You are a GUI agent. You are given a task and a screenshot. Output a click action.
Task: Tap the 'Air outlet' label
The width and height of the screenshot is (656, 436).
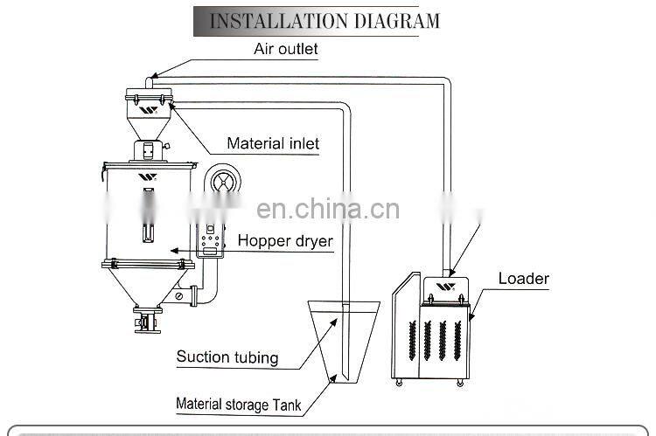point(285,50)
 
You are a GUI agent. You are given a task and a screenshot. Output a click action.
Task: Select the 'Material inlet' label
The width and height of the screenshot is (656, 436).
point(273,143)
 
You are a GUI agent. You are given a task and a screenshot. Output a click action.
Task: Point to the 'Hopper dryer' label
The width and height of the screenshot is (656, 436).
point(285,240)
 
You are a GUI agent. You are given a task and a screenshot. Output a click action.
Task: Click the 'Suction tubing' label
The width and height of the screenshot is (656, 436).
point(227,356)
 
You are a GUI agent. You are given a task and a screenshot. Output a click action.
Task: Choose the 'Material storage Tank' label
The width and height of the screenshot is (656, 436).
point(239,404)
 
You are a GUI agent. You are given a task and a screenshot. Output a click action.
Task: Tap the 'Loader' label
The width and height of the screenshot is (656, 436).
point(523,280)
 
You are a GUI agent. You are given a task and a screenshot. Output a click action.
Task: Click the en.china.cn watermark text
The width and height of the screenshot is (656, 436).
point(328,210)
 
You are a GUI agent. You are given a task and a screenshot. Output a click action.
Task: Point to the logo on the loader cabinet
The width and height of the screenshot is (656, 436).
point(445,287)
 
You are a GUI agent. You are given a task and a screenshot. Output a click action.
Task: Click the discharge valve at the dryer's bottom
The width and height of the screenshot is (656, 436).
point(145,319)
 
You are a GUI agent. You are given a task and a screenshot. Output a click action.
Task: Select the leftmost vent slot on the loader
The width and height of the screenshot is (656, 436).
point(409,341)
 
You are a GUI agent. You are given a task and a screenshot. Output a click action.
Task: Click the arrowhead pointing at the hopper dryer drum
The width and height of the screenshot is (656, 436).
point(174,251)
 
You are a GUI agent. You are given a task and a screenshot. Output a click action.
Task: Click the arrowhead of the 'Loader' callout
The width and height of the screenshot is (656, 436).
point(471,320)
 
